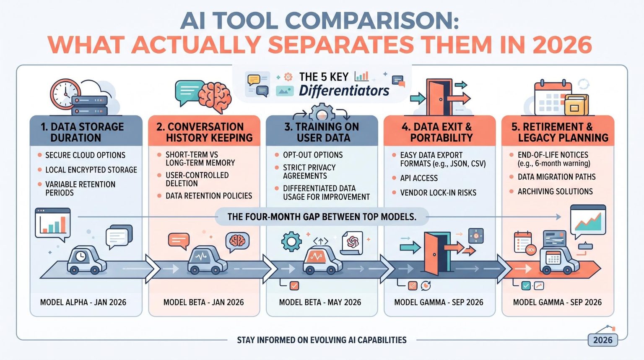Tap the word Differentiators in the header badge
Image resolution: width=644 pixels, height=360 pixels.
click(344, 91)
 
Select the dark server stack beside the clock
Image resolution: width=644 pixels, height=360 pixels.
click(89, 106)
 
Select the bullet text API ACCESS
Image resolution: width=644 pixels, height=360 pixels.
click(419, 178)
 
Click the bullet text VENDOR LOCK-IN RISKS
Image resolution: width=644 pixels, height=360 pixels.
click(438, 193)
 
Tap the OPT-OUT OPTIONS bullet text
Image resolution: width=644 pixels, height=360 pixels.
click(313, 155)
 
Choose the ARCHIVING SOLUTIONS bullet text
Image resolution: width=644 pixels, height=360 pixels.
click(555, 191)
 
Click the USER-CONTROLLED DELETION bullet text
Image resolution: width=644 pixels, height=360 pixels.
click(197, 179)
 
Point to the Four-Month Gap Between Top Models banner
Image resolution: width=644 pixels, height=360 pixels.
click(322, 217)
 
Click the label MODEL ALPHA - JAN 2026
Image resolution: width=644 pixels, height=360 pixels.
click(83, 302)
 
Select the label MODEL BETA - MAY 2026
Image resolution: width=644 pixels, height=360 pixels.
click(320, 302)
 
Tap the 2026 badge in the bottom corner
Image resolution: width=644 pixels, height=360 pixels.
click(602, 340)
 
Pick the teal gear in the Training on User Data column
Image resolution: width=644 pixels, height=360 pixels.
click(291, 241)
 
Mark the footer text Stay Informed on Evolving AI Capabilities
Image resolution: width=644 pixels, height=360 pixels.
click(322, 340)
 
